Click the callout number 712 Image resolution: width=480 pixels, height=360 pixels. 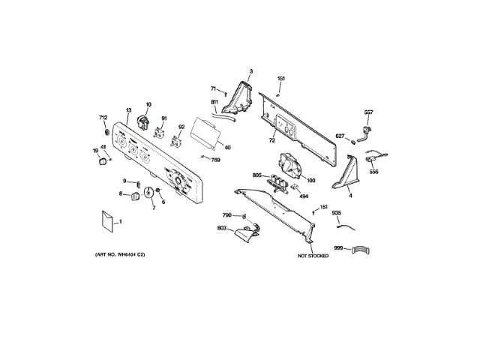pyautogui.click(x=103, y=117)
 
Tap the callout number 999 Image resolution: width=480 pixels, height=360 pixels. pyautogui.click(x=338, y=247)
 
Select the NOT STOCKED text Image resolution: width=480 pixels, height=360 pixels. pyautogui.click(x=313, y=256)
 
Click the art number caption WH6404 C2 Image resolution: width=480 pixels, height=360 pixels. pyautogui.click(x=119, y=256)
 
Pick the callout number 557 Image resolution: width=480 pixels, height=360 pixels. pyautogui.click(x=368, y=112)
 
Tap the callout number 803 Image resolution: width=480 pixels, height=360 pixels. pyautogui.click(x=222, y=227)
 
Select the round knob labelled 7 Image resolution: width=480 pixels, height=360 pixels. pyautogui.click(x=148, y=193)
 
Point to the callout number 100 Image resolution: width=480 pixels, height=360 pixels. pyautogui.click(x=310, y=180)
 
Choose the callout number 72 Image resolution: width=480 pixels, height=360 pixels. pyautogui.click(x=271, y=140)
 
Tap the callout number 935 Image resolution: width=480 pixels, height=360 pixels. pyautogui.click(x=337, y=213)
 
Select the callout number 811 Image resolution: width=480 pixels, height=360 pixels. pyautogui.click(x=214, y=102)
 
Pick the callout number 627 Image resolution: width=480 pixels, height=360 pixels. pyautogui.click(x=340, y=136)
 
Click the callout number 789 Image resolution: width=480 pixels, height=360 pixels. pyautogui.click(x=215, y=160)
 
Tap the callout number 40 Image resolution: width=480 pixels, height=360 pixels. pyautogui.click(x=227, y=147)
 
